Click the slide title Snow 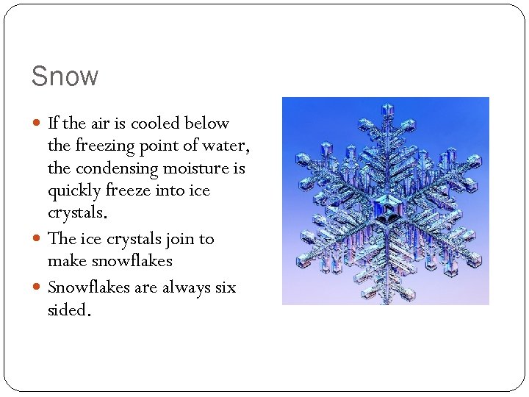(65, 76)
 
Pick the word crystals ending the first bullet (76, 213)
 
